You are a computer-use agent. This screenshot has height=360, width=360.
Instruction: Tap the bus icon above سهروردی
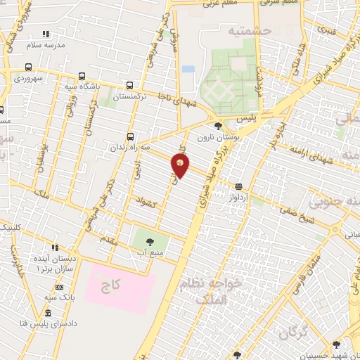coord(27,68)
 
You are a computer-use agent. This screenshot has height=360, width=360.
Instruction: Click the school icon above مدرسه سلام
coord(46,34)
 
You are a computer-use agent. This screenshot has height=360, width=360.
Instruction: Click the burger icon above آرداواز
coord(240,186)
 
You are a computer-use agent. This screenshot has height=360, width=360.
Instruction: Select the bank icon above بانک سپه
coord(59,287)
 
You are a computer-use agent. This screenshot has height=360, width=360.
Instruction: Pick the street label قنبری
coord(327,30)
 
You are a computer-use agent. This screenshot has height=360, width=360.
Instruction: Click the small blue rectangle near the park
coord(188,70)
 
